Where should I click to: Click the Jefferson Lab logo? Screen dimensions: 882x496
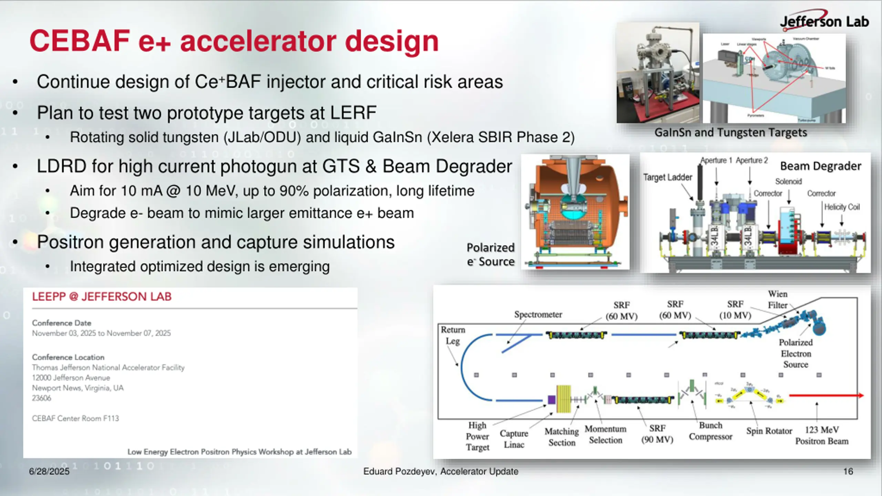824,21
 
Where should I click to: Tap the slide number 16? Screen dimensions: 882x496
848,471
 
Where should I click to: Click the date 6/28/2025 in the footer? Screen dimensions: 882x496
49,471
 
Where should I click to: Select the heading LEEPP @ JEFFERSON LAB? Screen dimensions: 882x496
102,297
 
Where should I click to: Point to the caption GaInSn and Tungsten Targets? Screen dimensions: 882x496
730,133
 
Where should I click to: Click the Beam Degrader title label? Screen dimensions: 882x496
821,166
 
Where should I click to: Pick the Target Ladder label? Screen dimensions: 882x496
667,177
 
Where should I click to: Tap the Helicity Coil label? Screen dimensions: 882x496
842,207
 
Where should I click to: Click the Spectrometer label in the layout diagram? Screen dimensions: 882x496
538,314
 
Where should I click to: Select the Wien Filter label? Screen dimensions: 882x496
778,299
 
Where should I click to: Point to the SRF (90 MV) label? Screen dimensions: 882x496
657,434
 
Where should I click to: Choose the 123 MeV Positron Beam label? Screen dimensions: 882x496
822,435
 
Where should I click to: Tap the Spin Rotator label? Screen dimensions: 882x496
769,431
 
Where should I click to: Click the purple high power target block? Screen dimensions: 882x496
552,400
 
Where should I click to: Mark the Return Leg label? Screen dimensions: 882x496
453,335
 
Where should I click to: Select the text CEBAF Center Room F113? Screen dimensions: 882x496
75,418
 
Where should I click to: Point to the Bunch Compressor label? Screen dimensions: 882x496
710,431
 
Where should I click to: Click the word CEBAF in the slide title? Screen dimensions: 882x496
80,41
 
